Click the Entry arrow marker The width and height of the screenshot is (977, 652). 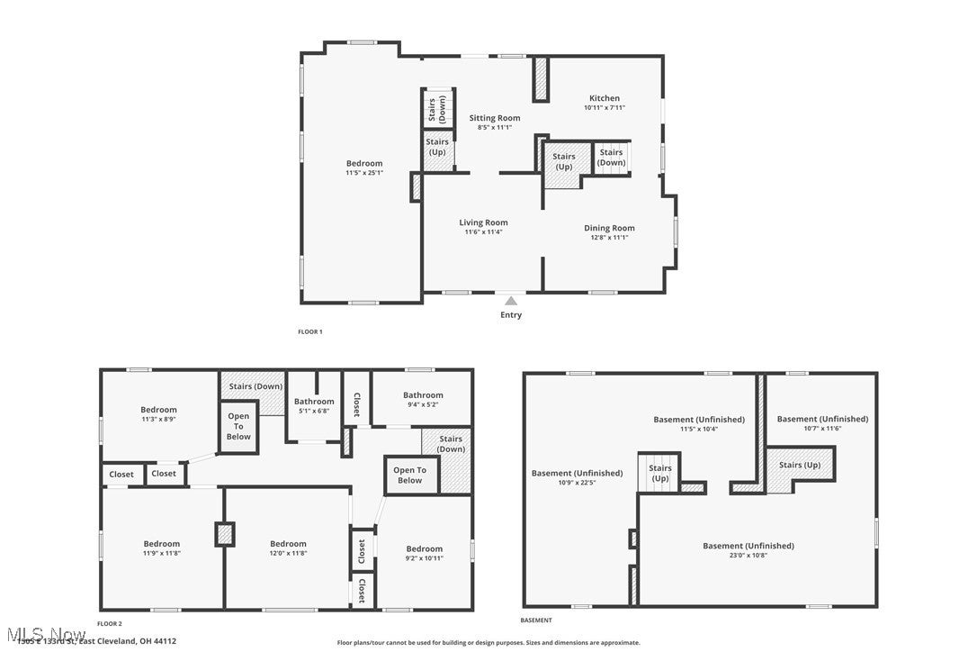511,301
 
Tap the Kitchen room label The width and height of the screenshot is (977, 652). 604,98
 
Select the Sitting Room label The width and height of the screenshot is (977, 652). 495,118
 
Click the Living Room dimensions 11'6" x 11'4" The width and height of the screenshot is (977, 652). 483,232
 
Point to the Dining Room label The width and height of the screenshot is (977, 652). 609,228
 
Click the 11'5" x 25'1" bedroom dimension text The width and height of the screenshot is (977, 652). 364,173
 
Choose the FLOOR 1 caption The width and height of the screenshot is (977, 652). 309,331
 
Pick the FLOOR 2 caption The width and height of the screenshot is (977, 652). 109,623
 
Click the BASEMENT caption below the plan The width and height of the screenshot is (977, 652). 536,620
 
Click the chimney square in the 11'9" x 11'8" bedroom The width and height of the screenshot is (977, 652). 224,533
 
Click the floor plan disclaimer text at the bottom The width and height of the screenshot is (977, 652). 488,643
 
